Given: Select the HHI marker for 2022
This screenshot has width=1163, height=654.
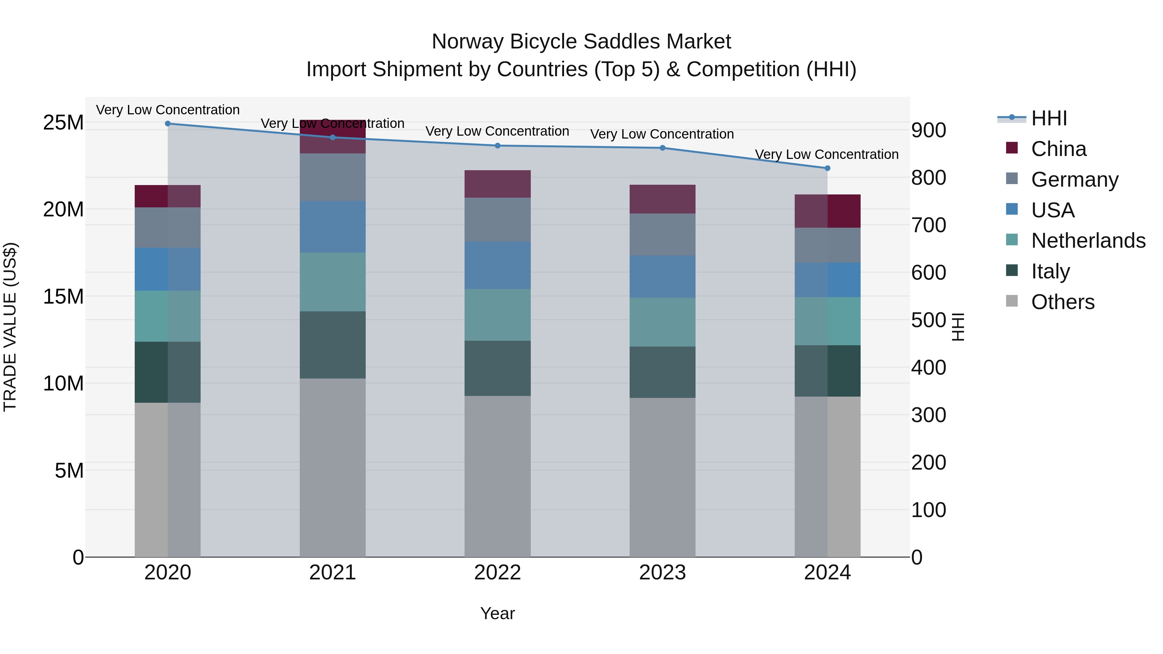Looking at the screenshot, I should [498, 146].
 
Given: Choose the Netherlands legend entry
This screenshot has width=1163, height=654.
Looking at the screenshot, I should [1088, 241].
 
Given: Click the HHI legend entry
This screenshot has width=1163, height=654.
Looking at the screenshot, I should [1049, 118].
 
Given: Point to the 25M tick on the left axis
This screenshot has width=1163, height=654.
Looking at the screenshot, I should [63, 123].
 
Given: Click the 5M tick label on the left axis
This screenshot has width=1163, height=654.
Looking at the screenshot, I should [69, 471].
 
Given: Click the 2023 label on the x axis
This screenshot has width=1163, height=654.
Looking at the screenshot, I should [662, 573].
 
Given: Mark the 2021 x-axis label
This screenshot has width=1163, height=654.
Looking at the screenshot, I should [332, 573].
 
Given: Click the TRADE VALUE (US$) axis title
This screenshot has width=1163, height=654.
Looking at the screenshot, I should [10, 327].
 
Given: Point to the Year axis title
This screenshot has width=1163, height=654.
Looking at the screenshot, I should [498, 613].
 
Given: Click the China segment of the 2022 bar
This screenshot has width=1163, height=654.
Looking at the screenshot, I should [498, 184].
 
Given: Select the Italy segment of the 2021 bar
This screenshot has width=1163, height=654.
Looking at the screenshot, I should [332, 345].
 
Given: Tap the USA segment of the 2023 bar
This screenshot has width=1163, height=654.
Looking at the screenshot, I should [662, 277].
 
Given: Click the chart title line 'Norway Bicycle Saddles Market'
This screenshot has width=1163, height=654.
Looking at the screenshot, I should [581, 42].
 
